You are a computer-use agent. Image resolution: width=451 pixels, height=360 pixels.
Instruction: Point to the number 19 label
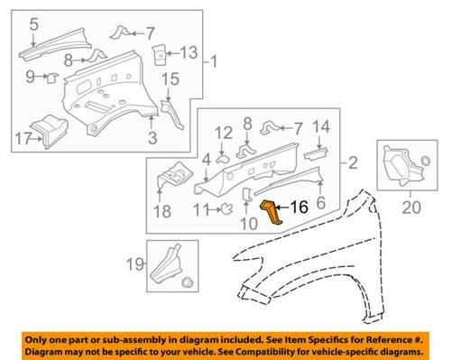click(x=132, y=266)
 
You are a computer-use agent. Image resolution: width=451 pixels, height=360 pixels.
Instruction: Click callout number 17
click(x=23, y=140)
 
